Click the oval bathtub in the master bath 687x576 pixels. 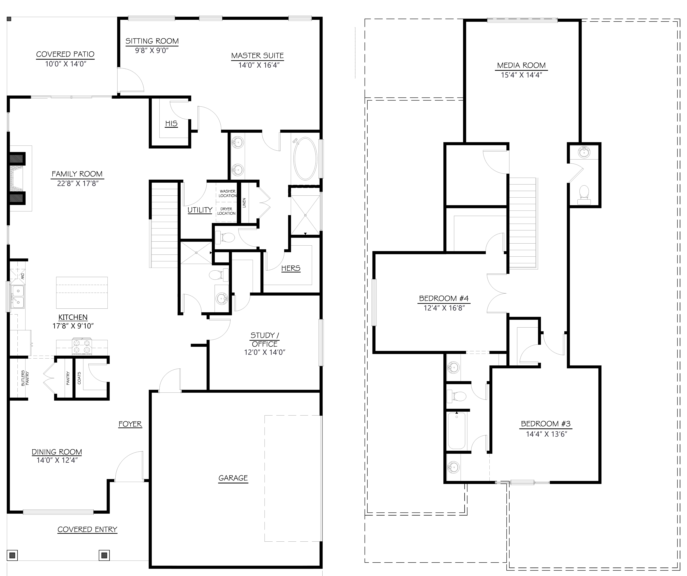tap(305, 159)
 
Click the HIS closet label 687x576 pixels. tap(171, 124)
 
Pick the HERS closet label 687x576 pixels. tap(290, 268)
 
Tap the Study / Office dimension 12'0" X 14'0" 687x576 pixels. tap(265, 352)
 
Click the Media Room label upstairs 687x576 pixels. tap(521, 65)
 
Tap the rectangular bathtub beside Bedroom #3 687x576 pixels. tap(456, 431)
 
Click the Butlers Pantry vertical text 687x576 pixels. tap(25, 378)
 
